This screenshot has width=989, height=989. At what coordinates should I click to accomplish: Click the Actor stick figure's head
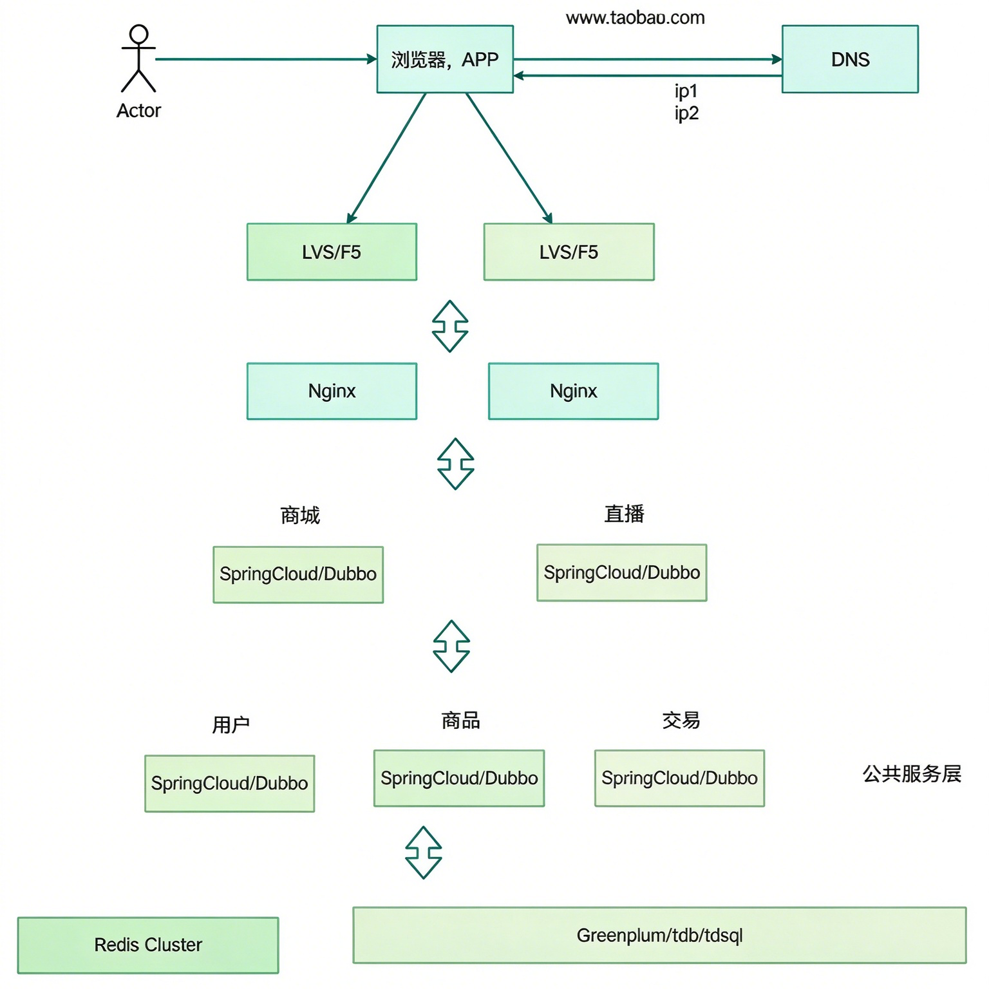138,34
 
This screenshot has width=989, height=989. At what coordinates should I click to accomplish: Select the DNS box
850,59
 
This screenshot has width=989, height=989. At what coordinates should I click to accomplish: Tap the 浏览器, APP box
445,59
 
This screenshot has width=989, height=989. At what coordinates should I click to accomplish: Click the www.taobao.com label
636,17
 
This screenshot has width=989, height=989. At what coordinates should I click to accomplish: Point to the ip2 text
686,113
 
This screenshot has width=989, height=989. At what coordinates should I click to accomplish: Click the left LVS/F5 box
332,252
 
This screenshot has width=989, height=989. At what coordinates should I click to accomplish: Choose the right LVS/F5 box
569,252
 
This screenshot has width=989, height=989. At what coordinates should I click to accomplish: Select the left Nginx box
332,391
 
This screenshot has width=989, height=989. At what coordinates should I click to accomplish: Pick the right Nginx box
574,391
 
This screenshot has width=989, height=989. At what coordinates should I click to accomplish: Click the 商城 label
300,515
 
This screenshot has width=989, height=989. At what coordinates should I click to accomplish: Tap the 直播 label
624,514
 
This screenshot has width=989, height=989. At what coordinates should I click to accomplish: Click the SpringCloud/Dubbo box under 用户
230,784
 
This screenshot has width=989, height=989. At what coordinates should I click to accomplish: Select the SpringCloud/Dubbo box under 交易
679,778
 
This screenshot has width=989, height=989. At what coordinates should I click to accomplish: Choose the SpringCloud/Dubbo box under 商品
459,778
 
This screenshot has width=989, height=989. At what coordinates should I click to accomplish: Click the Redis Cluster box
148,945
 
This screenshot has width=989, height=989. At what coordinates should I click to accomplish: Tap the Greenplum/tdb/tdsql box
659,936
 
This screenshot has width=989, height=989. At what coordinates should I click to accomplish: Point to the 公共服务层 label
912,773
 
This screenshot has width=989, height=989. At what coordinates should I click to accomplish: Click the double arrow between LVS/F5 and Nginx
450,326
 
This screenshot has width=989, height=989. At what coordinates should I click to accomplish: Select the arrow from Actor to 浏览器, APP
266,59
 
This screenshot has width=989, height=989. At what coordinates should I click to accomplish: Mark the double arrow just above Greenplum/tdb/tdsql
424,852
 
